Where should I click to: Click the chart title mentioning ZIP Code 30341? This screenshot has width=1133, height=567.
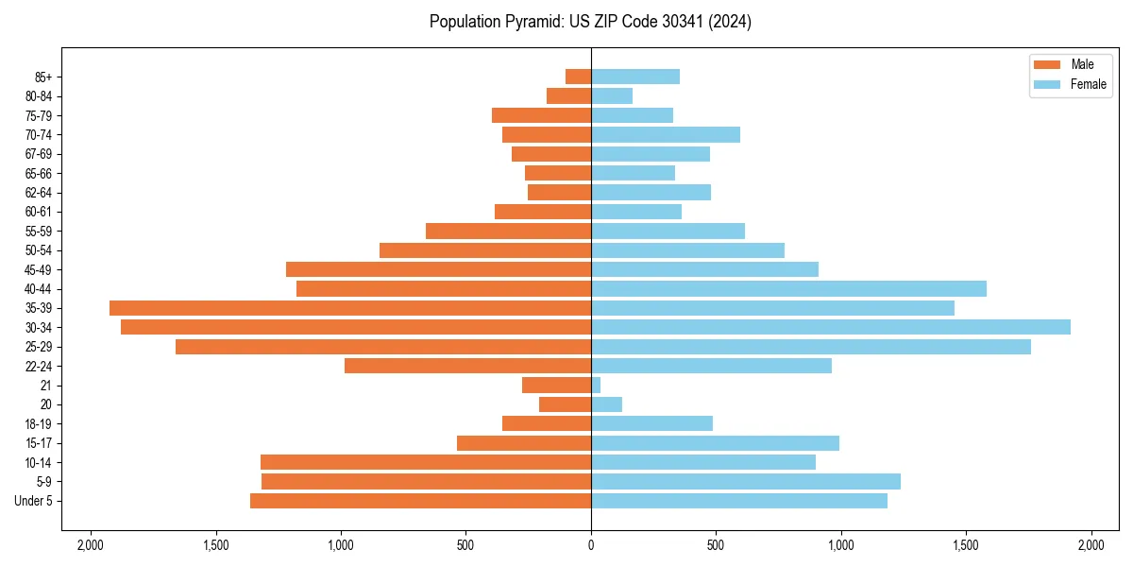tap(590, 22)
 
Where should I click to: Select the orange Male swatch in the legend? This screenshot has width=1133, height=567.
tap(1047, 64)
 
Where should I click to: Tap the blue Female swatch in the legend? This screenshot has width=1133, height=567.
tap(1047, 84)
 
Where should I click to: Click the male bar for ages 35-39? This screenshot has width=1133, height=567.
tap(350, 308)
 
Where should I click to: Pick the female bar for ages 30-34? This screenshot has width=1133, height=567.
tap(831, 327)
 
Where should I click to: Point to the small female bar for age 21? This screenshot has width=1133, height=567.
tap(596, 385)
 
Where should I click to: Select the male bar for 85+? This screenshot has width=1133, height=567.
tap(578, 77)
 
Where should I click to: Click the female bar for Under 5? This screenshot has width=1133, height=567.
tap(739, 501)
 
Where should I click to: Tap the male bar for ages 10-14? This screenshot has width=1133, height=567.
tap(426, 462)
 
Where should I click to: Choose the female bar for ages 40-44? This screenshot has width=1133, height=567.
tap(788, 288)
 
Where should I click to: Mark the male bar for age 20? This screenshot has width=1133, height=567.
tap(565, 404)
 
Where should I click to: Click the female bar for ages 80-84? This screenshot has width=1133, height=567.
tap(612, 95)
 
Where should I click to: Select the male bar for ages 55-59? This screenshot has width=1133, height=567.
tap(508, 231)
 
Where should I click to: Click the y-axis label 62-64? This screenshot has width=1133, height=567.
tap(39, 193)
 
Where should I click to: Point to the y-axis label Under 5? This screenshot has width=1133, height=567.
tap(34, 501)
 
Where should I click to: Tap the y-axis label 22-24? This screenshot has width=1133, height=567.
tap(39, 366)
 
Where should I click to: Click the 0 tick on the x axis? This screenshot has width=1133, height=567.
tap(591, 545)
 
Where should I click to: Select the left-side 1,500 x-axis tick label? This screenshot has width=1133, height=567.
tap(216, 545)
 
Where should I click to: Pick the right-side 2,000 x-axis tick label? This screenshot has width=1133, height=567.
tap(1091, 545)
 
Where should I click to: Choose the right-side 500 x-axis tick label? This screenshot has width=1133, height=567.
tap(716, 545)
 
